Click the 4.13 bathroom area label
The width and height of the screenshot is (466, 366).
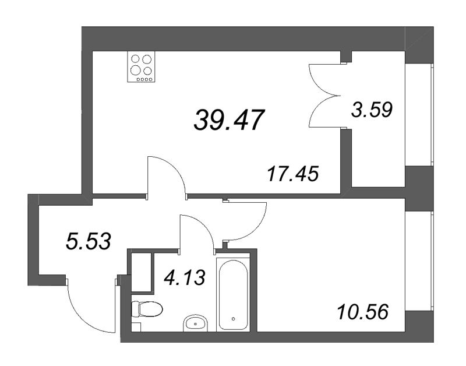click(x=185, y=279)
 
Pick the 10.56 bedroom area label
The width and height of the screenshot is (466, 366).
click(x=362, y=312)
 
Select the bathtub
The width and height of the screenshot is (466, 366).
click(x=234, y=294)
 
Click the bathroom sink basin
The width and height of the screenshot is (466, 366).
click(x=196, y=322)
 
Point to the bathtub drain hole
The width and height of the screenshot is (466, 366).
click(x=233, y=319)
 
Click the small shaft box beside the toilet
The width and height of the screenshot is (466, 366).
click(x=141, y=272)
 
